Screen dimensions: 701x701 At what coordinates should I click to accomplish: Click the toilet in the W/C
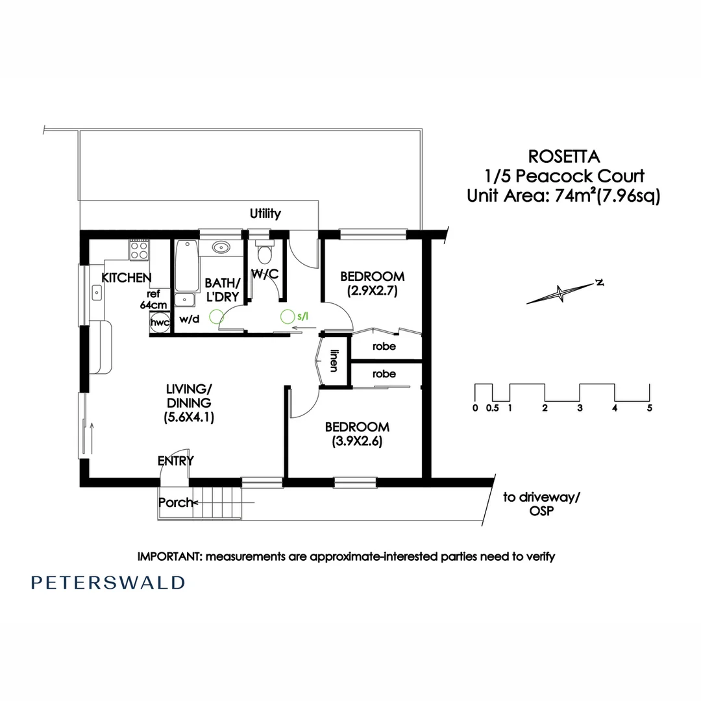click(265, 252)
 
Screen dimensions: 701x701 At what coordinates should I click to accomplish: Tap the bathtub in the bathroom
click(187, 267)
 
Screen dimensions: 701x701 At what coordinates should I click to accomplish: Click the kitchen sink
click(97, 293)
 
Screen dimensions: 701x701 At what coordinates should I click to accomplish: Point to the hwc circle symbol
click(160, 323)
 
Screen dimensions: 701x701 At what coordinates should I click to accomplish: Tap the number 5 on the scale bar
click(650, 408)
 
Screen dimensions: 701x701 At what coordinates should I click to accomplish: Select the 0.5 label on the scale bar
click(492, 408)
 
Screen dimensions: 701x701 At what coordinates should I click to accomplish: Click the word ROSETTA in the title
click(564, 156)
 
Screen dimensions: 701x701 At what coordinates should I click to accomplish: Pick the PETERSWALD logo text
click(108, 582)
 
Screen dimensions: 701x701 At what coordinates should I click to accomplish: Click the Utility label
click(265, 214)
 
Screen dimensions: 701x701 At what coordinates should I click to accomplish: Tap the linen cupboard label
click(334, 360)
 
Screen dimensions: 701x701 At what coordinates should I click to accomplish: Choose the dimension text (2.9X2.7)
click(373, 291)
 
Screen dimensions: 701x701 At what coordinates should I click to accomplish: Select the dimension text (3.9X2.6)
click(357, 441)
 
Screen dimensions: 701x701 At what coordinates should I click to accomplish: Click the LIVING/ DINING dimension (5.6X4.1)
click(189, 417)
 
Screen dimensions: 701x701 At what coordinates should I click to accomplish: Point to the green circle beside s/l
click(288, 317)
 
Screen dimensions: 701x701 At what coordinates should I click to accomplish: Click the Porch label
click(175, 502)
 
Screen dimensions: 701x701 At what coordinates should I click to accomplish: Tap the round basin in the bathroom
click(221, 247)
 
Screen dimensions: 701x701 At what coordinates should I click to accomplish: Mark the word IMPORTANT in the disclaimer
click(170, 557)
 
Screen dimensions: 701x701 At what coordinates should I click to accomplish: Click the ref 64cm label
click(153, 299)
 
